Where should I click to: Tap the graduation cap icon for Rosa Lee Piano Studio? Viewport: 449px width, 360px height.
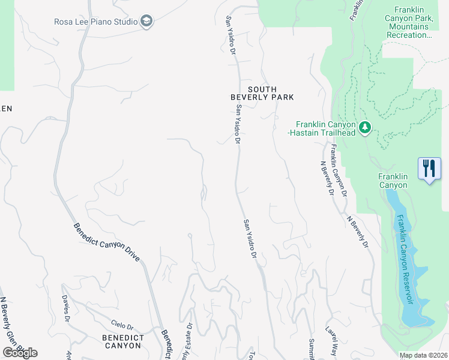coord(146,22)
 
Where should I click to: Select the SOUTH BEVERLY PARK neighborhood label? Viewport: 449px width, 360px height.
coord(262,92)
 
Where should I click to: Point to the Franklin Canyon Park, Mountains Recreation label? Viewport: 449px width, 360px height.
coord(413,23)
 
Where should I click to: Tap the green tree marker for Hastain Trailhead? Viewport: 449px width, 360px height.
coord(365,127)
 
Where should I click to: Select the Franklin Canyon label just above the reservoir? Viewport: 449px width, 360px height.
coord(393,181)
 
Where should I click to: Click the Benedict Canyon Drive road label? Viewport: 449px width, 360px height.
coord(106,242)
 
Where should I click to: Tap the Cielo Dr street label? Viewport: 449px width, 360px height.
coord(122,325)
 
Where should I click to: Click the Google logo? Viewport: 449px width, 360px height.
coord(20,352)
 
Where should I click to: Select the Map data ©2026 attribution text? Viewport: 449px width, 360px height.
coord(423,355)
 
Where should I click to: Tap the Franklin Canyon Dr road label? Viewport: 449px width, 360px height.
coord(339,172)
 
